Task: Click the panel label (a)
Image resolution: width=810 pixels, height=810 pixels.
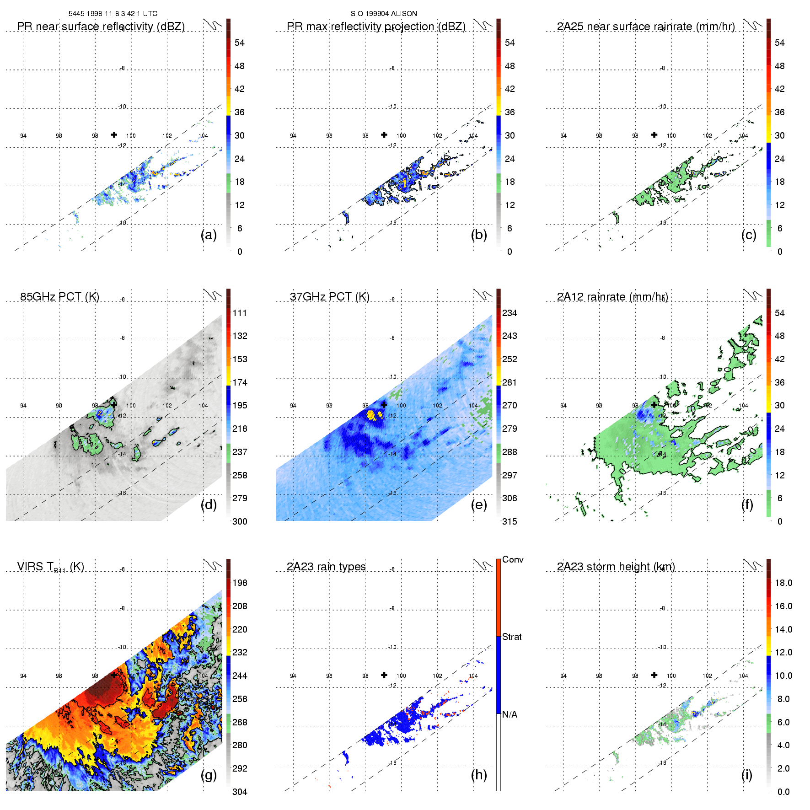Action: tap(209, 235)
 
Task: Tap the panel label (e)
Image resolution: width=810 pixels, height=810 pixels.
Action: tap(479, 505)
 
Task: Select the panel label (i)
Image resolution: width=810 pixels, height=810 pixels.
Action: tap(747, 775)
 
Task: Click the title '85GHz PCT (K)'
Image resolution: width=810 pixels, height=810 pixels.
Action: tap(59, 297)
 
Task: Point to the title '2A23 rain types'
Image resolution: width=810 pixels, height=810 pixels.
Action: tap(326, 567)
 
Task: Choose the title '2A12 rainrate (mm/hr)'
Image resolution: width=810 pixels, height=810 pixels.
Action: tap(612, 297)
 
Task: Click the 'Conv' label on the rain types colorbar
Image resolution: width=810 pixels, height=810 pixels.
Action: tap(513, 559)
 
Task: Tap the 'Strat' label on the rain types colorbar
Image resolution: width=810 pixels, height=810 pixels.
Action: tap(512, 637)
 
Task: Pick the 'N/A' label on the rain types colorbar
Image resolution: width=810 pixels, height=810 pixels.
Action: tap(510, 714)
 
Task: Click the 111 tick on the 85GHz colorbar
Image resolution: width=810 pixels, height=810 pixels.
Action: tap(240, 313)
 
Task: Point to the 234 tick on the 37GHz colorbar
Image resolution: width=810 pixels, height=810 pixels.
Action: tap(510, 313)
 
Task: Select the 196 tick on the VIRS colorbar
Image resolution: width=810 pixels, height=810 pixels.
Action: tap(240, 583)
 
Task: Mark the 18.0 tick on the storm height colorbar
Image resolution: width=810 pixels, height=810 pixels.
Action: tap(783, 583)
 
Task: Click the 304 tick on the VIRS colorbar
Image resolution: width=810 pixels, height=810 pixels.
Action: tap(240, 792)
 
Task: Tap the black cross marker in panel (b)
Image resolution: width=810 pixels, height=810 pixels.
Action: tap(384, 134)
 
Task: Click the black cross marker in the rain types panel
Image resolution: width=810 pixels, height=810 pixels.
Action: tap(384, 675)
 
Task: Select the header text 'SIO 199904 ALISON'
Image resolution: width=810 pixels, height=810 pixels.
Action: tap(384, 14)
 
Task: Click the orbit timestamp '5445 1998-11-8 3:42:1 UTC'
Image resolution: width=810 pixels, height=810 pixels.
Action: tap(113, 14)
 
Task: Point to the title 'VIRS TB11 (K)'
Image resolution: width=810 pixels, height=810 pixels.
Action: tap(50, 567)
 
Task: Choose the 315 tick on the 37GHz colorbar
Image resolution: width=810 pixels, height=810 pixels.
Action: tap(510, 521)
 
